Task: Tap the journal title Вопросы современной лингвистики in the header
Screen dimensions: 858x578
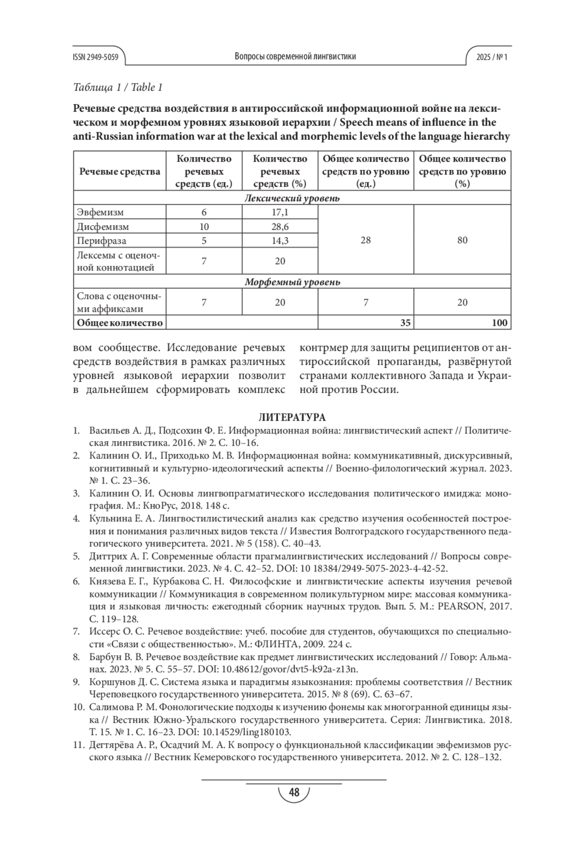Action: click(295, 57)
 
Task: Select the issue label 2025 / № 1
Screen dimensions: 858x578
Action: click(492, 57)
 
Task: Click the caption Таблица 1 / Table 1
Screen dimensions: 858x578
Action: click(118, 88)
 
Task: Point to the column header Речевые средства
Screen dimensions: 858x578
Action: click(119, 171)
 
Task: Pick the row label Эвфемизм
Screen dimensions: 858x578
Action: click(100, 212)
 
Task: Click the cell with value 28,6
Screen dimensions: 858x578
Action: click(280, 227)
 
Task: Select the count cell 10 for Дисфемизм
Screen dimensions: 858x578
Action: click(204, 227)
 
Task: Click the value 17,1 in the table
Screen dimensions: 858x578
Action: click(280, 212)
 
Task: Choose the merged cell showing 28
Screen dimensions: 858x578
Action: click(366, 240)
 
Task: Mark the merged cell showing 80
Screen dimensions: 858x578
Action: click(462, 240)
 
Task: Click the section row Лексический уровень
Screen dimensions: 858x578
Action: click(292, 198)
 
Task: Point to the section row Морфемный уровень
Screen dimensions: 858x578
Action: click(292, 282)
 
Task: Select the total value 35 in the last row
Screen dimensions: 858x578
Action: click(406, 323)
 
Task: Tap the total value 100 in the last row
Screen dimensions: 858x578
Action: click(499, 323)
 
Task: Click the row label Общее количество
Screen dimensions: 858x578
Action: click(120, 323)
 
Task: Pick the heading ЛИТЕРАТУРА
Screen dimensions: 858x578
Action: click(292, 417)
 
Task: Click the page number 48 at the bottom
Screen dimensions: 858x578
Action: click(293, 793)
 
